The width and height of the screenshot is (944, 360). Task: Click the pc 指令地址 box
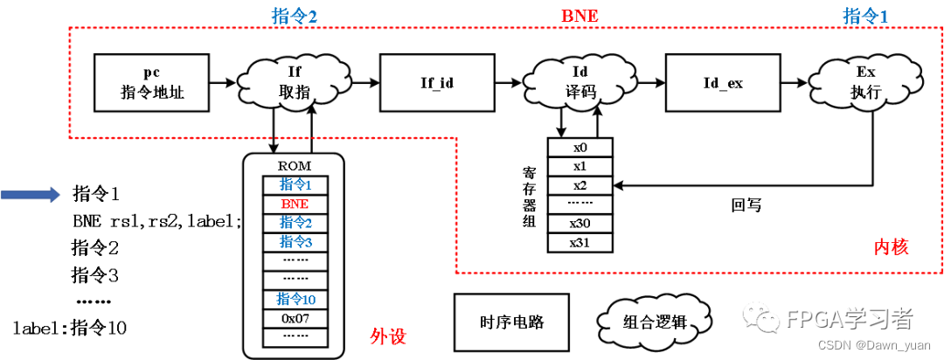click(151, 82)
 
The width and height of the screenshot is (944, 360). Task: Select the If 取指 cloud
click(293, 82)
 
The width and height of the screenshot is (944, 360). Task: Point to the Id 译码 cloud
click(578, 82)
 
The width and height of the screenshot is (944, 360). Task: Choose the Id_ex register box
click(722, 82)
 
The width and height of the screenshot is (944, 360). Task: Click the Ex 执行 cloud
click(864, 82)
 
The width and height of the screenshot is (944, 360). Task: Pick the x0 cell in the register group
click(580, 149)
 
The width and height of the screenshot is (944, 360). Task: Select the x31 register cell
click(580, 242)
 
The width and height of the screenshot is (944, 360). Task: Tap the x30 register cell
click(580, 223)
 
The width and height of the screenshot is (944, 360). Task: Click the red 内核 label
click(891, 247)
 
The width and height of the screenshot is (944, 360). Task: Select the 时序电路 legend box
click(512, 321)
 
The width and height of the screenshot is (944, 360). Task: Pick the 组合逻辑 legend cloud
click(655, 321)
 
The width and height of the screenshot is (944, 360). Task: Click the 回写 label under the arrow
click(746, 205)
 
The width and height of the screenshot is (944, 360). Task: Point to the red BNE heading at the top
click(578, 15)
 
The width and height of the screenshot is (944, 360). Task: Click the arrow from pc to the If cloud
click(224, 82)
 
